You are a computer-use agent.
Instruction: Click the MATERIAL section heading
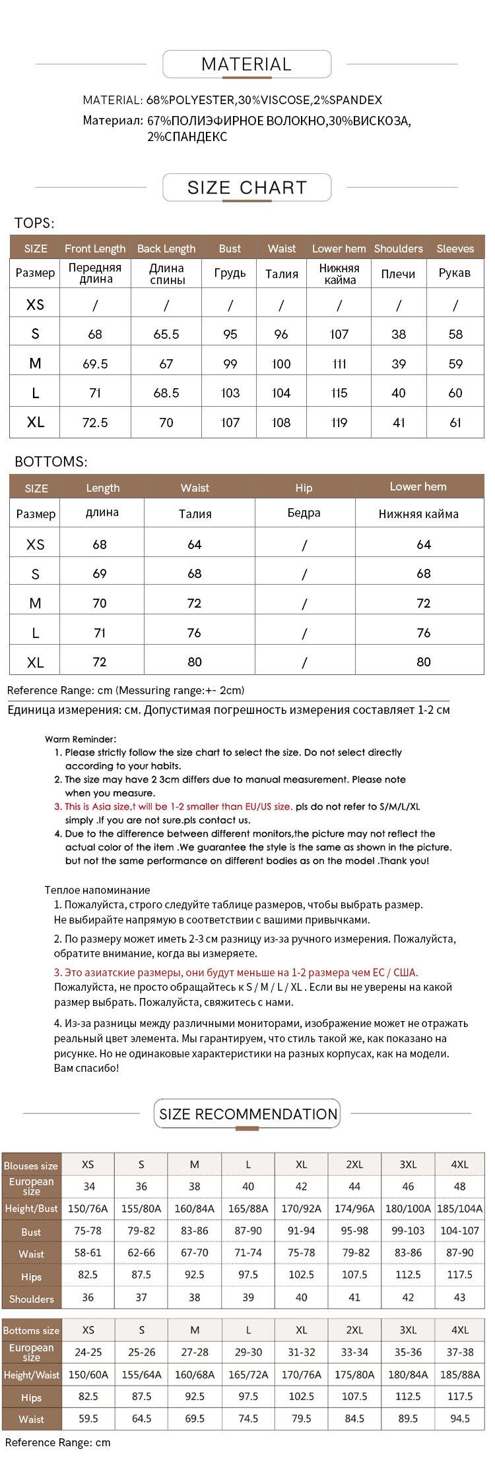point(246,65)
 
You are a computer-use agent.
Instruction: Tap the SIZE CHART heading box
point(247,188)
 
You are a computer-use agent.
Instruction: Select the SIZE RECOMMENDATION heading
point(248,1114)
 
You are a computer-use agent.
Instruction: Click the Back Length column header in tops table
point(166,249)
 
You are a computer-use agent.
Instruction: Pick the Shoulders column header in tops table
point(398,249)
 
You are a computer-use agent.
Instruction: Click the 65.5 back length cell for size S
point(166,334)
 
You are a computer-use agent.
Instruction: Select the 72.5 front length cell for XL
point(95,423)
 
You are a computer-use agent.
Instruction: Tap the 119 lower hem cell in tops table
point(339,423)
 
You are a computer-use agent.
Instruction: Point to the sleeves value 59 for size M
point(455,364)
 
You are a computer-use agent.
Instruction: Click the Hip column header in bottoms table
point(304,488)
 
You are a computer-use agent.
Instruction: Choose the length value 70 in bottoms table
point(100,603)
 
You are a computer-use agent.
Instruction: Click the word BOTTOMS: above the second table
point(51,462)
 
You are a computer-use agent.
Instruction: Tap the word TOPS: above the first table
point(34,223)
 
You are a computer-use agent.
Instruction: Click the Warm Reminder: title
point(81,740)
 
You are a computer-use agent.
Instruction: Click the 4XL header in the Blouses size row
point(459,1164)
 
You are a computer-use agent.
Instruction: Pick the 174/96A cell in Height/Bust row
point(354,1209)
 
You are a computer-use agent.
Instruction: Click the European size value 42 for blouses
point(302,1187)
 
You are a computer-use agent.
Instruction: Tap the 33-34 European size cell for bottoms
point(354,1352)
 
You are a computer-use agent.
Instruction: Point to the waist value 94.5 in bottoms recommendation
point(459,1419)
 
